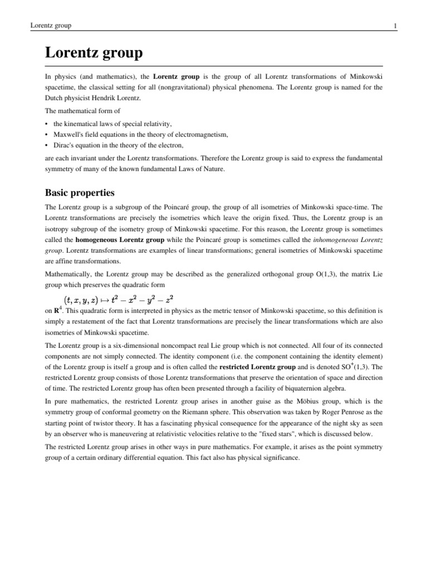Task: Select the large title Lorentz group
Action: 94,54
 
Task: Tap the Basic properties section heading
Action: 80,193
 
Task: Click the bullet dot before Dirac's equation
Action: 46,145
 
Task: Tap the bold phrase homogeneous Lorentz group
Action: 120,240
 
